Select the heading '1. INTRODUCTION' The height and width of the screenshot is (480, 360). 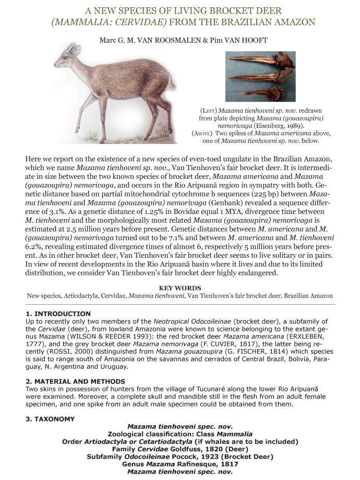coord(58,314)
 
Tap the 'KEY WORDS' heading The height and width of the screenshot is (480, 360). coord(180,288)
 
